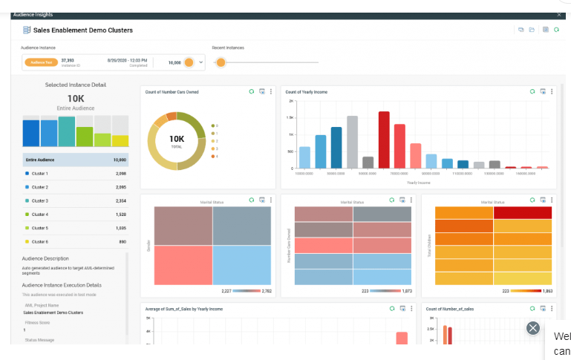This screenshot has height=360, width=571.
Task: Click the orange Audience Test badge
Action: pos(42,62)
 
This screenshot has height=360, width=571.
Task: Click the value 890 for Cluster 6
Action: pos(122,241)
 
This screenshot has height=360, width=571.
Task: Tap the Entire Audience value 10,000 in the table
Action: pos(120,160)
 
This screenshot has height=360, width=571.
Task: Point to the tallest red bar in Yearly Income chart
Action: pos(384,140)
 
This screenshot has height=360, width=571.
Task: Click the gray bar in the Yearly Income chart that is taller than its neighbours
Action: pos(352,143)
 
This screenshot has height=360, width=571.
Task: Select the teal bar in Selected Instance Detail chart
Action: pos(67,131)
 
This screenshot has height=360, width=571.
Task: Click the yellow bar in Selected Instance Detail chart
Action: pos(120,140)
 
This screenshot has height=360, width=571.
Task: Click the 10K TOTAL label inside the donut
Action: pos(177,140)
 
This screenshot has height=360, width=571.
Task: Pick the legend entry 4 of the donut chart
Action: pos(216,157)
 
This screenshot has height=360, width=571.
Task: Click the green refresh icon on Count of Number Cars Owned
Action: pos(252,92)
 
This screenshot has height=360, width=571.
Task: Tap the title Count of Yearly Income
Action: pos(307,92)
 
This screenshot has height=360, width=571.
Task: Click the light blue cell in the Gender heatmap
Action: pos(242,266)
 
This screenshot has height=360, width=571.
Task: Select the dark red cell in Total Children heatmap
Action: pos(523,213)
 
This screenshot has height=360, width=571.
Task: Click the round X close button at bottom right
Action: pos(532,328)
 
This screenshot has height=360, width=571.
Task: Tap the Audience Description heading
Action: pos(45,258)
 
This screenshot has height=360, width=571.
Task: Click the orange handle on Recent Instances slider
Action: pos(220,62)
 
